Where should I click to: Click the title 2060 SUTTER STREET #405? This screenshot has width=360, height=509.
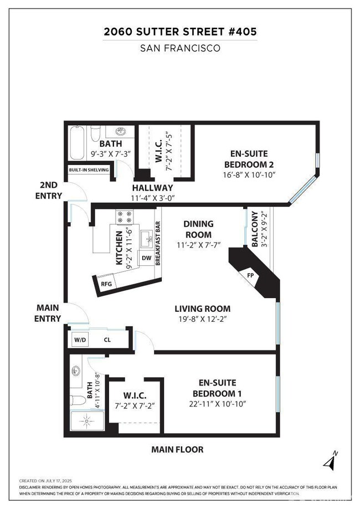pyautogui.click(x=180, y=32)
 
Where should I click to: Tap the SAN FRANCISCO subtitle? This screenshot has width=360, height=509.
pyautogui.click(x=180, y=48)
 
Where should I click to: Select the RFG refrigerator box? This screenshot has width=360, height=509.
pyautogui.click(x=107, y=284)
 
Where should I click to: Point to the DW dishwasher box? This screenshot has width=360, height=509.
pyautogui.click(x=147, y=258)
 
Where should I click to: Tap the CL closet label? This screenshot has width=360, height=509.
pyautogui.click(x=107, y=340)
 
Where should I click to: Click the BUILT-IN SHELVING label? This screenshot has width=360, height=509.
pyautogui.click(x=89, y=170)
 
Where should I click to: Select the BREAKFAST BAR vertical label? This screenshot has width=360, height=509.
pyautogui.click(x=158, y=244)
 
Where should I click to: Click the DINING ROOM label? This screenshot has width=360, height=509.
pyautogui.click(x=198, y=229)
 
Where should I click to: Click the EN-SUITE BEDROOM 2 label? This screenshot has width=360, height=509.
pyautogui.click(x=250, y=160)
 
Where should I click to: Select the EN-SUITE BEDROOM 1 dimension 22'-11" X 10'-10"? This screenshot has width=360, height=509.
pyautogui.click(x=218, y=404)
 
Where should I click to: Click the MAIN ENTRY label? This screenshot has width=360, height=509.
pyautogui.click(x=48, y=313)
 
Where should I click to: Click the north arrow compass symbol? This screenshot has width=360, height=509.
pyautogui.click(x=331, y=460)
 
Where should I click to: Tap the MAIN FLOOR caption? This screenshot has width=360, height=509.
pyautogui.click(x=177, y=450)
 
